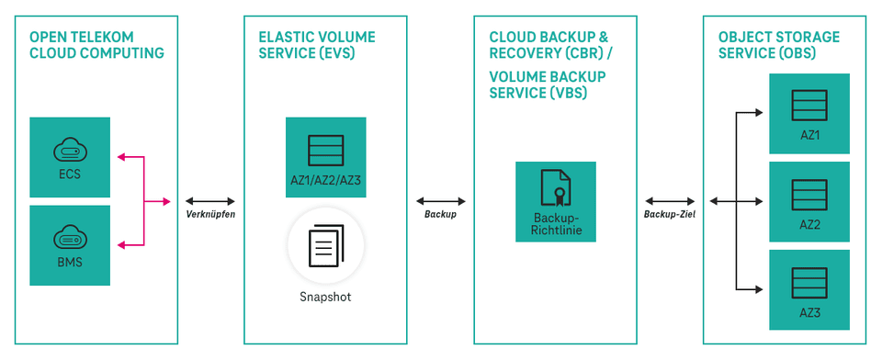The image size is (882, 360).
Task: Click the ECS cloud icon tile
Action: [x=70, y=156]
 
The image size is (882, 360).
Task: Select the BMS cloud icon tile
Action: [x=70, y=244]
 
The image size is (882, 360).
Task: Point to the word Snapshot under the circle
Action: [x=325, y=297]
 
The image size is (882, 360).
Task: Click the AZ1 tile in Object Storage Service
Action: [x=809, y=113]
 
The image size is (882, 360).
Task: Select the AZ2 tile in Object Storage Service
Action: [x=809, y=201]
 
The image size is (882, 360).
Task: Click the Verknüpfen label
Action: [x=211, y=214]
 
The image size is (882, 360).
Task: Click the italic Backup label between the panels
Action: [x=440, y=214]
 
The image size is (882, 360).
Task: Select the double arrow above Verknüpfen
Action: [x=211, y=200]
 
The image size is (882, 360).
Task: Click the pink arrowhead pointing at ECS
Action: [x=119, y=157]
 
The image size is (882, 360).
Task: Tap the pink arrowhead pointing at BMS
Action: [x=119, y=244]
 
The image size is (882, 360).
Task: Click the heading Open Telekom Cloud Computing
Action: [x=96, y=45]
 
